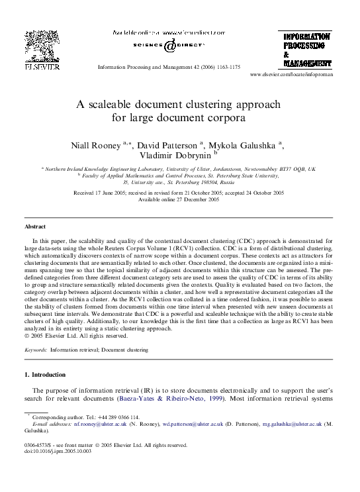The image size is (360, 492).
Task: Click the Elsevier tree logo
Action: pos(42,46)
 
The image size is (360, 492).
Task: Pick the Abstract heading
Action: pos(34,226)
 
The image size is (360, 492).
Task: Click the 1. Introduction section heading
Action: pos(44,375)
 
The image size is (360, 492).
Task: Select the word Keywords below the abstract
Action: pos(35,349)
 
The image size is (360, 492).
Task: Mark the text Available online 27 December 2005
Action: pos(180,199)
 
